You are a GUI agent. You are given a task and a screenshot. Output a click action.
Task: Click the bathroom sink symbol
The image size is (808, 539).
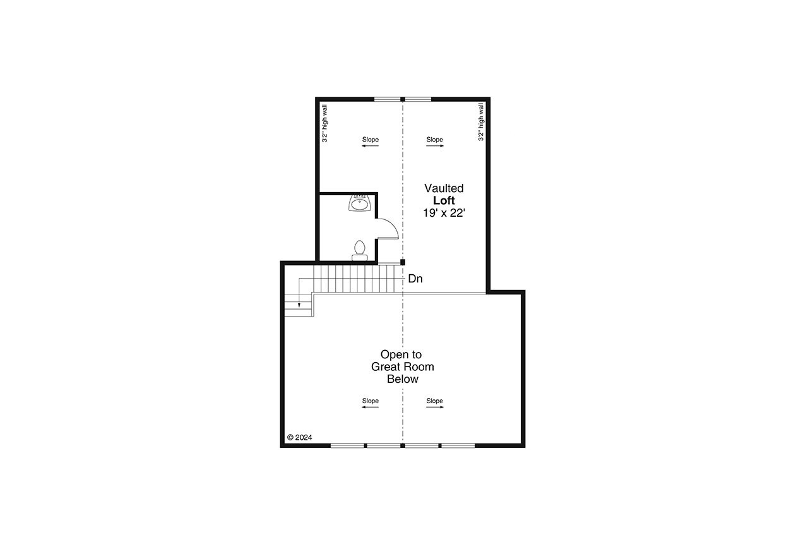click(359, 203)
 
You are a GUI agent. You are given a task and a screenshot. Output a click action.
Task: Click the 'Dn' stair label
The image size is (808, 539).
click(415, 278)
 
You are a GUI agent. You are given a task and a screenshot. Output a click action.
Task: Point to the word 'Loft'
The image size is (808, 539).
click(444, 200)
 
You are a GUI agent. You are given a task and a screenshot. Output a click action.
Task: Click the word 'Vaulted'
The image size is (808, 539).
click(444, 188)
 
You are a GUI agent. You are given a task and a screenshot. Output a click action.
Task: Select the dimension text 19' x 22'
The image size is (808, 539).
click(444, 213)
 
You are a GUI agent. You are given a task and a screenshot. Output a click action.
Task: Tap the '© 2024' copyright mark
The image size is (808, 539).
click(299, 437)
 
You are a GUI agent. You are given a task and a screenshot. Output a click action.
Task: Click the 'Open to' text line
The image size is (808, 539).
click(401, 354)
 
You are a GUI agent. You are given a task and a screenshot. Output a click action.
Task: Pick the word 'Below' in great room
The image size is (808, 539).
click(403, 379)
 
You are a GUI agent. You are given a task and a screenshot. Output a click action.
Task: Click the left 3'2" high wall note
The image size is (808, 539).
click(324, 123)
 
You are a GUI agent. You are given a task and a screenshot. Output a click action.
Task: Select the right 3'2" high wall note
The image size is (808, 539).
click(481, 123)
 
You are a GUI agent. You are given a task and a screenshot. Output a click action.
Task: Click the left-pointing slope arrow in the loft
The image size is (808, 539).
click(370, 146)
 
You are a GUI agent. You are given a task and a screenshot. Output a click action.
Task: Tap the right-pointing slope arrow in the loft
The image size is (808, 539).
click(435, 146)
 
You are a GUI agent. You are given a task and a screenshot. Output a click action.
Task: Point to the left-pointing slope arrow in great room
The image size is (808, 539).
click(370, 407)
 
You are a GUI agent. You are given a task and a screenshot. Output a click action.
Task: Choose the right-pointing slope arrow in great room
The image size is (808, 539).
click(435, 407)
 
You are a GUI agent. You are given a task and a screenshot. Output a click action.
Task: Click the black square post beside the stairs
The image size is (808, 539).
click(403, 262)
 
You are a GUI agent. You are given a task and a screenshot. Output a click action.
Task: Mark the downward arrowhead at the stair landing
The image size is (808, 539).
click(300, 305)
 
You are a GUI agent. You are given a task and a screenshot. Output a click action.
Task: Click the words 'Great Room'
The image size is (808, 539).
click(402, 366)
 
